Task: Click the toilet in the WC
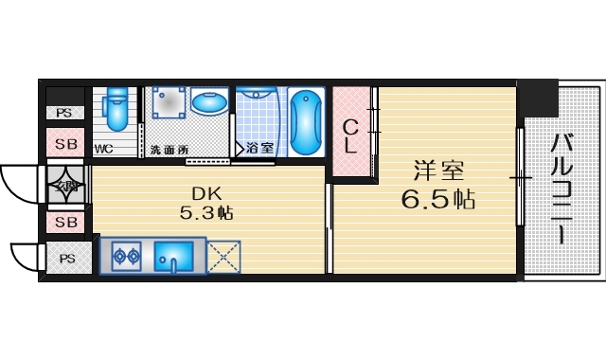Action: pos(116,110)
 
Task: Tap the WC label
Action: pos(104,149)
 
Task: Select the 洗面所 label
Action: pos(169,150)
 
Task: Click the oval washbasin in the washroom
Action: pos(208,102)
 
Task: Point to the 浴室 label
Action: pos(259,149)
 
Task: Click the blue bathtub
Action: pos(306,122)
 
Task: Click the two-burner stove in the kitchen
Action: pos(127,254)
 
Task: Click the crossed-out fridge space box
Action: pos(223,256)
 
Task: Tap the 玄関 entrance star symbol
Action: pos(66,184)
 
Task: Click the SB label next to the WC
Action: pos(66,145)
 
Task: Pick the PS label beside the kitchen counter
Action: pos(67,258)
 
